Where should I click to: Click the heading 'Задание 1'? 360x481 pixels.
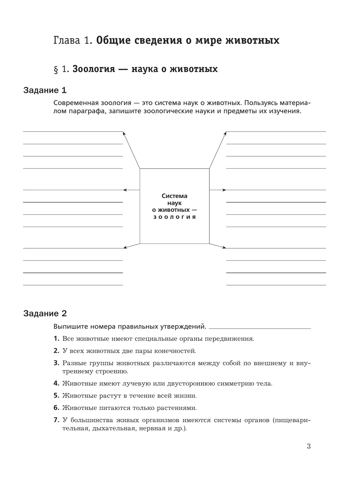tap(45, 90)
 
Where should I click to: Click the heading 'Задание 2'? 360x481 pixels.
tap(45, 314)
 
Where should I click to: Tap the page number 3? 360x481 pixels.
tap(309, 447)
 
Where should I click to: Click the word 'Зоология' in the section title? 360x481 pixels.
tap(94, 69)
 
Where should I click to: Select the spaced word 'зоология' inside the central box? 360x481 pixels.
tap(175, 217)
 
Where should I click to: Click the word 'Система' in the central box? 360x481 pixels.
tap(175, 196)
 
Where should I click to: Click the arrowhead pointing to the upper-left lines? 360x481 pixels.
tap(124, 133)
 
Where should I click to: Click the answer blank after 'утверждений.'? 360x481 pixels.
tap(260, 327)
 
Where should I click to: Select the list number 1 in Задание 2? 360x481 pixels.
tap(56, 339)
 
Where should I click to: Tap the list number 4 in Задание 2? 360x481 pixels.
tap(56, 384)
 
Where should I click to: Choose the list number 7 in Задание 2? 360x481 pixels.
tap(56, 420)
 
